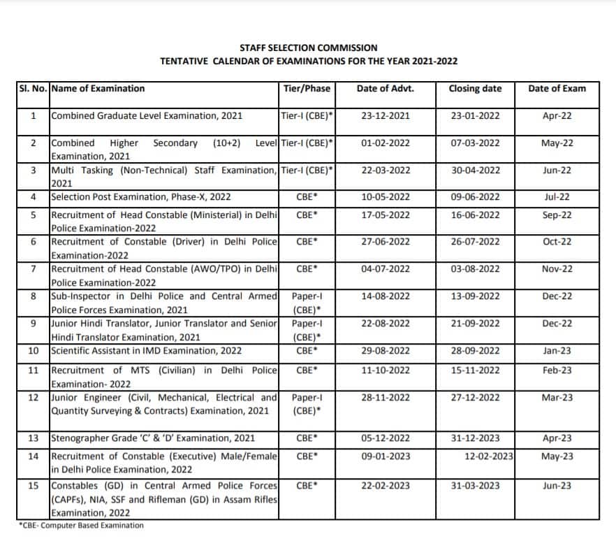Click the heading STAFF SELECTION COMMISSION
(x=308, y=48)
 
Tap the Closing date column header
(x=475, y=89)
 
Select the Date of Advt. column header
(x=385, y=89)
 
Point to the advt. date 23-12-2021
(x=386, y=116)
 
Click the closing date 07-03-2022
(x=475, y=143)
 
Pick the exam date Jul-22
(x=557, y=197)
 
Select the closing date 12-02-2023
(x=488, y=456)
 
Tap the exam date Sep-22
(x=557, y=215)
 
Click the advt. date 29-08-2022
(x=386, y=351)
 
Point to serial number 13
(x=33, y=439)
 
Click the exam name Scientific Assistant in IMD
(x=146, y=351)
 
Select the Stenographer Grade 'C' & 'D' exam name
(x=153, y=439)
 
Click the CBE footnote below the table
(x=81, y=526)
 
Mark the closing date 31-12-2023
(x=475, y=439)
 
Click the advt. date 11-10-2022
(x=386, y=370)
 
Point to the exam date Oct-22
(x=557, y=242)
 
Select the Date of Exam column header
(x=557, y=89)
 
